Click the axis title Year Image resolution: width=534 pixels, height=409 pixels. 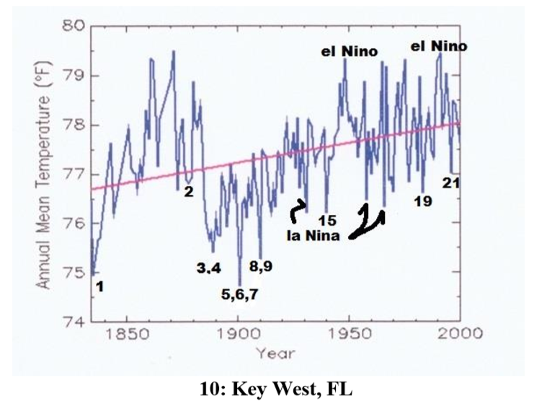(x=274, y=353)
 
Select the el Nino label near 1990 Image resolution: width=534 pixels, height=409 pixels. (x=439, y=46)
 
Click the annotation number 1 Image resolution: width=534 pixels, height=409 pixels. (x=100, y=286)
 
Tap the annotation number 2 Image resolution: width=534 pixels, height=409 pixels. (x=188, y=192)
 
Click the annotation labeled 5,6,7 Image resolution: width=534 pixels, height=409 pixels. (x=239, y=294)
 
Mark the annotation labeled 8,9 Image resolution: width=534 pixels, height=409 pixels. (x=261, y=265)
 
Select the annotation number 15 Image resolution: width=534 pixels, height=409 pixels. (x=328, y=219)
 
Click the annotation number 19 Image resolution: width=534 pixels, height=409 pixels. (x=423, y=201)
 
